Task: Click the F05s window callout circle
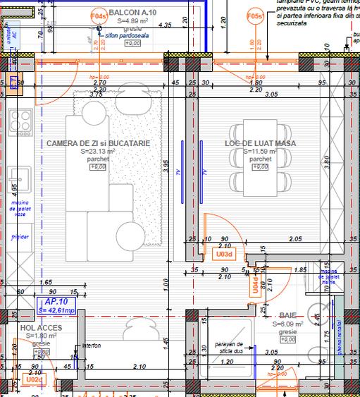click(x=256, y=16)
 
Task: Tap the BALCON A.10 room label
click(x=134, y=13)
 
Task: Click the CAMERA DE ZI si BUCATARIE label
click(x=98, y=143)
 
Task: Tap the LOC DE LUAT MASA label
click(x=260, y=143)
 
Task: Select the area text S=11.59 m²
click(x=260, y=151)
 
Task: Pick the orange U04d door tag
click(x=255, y=285)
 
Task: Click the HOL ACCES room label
click(x=41, y=328)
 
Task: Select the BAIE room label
click(x=287, y=316)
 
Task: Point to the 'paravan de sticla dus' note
click(x=228, y=347)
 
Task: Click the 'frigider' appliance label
click(x=19, y=237)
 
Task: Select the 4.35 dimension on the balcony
click(x=166, y=25)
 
